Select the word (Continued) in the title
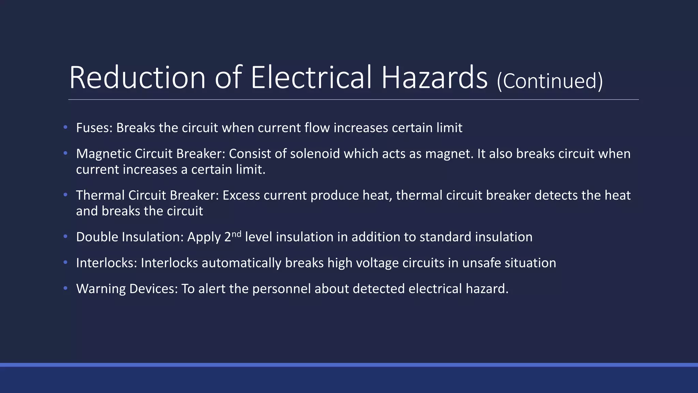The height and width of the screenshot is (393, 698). tap(550, 81)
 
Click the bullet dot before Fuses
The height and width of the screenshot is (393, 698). tap(65, 128)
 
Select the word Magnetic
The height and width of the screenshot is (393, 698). tap(104, 154)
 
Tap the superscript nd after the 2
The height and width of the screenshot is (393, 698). tap(237, 234)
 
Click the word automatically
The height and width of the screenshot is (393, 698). tap(242, 263)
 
